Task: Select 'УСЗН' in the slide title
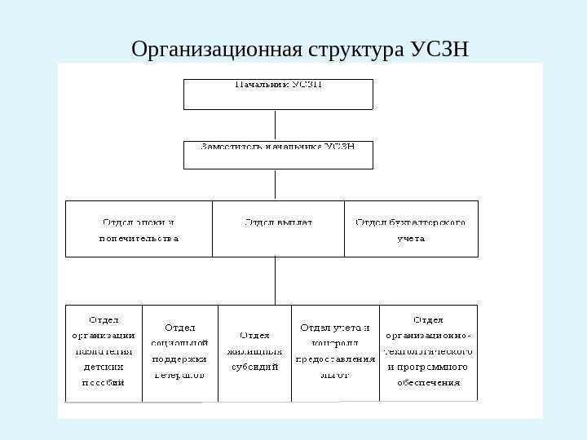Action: point(440,51)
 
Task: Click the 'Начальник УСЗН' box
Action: point(278,94)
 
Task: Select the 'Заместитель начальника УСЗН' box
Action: point(278,155)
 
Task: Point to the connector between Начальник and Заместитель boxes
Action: point(276,125)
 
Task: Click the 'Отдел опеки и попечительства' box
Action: point(139,229)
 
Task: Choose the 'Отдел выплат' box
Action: point(278,229)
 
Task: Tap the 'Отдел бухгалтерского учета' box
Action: point(411,229)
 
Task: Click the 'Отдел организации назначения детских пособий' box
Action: point(104,353)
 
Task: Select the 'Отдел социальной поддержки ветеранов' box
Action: point(179,353)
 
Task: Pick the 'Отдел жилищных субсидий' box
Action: point(254,353)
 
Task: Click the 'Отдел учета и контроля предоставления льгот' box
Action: point(334,353)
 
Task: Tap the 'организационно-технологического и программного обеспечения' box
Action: point(429,353)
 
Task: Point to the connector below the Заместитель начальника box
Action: point(276,184)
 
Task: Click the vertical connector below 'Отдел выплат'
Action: point(276,280)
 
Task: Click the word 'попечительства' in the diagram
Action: point(139,240)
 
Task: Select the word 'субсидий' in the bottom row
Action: point(254,367)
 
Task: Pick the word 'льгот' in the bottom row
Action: point(334,376)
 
